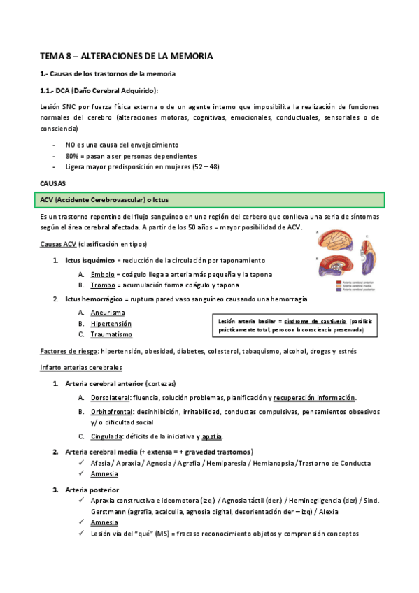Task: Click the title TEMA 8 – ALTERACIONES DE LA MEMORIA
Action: click(x=126, y=55)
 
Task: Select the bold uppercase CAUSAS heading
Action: click(x=53, y=184)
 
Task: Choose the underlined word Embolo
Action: click(x=103, y=275)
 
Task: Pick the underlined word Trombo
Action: click(x=103, y=285)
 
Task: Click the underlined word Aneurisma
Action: click(x=108, y=313)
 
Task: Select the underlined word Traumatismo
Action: click(x=111, y=334)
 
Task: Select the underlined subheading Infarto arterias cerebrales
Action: click(x=81, y=367)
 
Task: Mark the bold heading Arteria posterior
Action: click(x=92, y=490)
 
